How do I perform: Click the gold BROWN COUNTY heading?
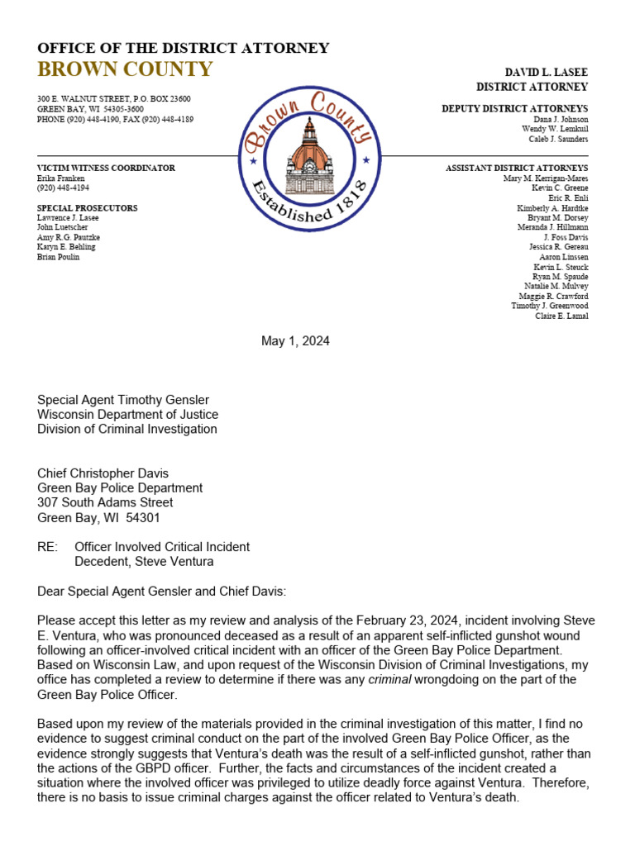point(125,69)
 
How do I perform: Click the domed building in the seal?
point(309,156)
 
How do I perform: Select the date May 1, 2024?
point(295,341)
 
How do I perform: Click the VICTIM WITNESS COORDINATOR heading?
point(106,168)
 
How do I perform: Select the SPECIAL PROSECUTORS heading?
point(88,208)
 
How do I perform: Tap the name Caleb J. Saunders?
point(558,139)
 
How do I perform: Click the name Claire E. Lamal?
point(561,316)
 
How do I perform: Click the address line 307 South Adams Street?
point(105,502)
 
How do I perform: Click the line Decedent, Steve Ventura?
point(144,562)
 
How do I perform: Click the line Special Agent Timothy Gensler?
point(123,400)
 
